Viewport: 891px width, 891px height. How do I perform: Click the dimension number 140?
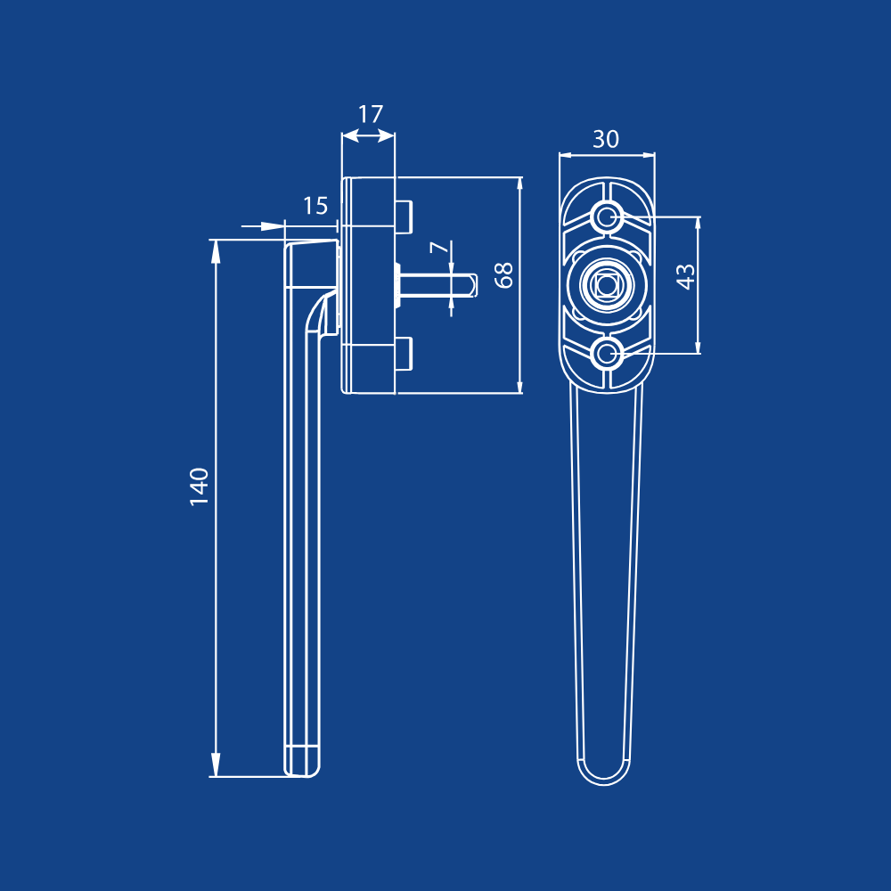coord(199,486)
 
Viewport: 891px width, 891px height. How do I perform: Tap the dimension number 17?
coord(371,114)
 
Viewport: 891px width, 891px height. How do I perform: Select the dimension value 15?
coord(315,206)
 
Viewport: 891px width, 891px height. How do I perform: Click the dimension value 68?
coord(504,275)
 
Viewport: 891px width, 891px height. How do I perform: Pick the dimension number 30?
coord(606,139)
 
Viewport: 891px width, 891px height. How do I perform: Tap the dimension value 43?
coord(686,277)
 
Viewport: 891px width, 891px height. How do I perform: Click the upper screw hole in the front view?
coord(608,216)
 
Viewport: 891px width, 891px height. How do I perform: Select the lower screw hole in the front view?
coord(608,354)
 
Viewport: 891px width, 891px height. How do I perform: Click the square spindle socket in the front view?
coord(607,284)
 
